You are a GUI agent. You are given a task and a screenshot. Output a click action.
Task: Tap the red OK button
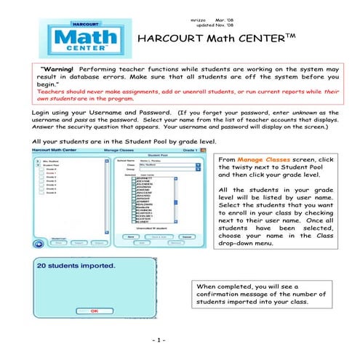pos(94,311)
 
